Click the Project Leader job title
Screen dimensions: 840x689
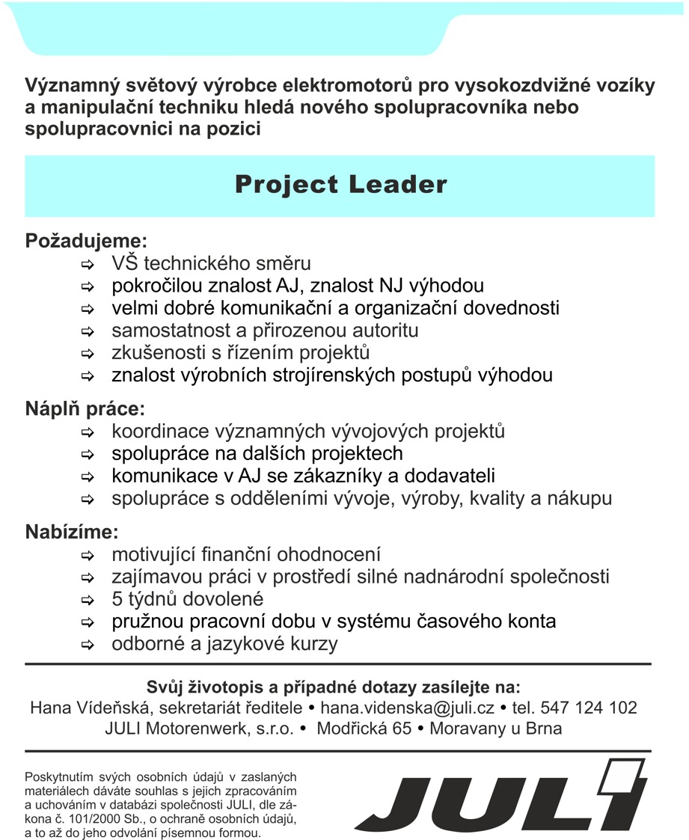click(x=340, y=185)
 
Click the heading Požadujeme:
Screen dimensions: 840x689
click(x=87, y=241)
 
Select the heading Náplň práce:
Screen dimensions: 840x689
click(x=85, y=409)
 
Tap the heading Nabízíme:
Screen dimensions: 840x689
click(x=72, y=533)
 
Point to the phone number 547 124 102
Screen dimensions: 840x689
click(x=589, y=708)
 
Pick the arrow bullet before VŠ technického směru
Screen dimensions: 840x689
click(x=88, y=265)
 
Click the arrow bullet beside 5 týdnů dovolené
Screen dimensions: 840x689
click(x=88, y=601)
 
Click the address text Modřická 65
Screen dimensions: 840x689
click(x=364, y=729)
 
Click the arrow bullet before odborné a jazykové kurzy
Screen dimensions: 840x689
click(x=88, y=645)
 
